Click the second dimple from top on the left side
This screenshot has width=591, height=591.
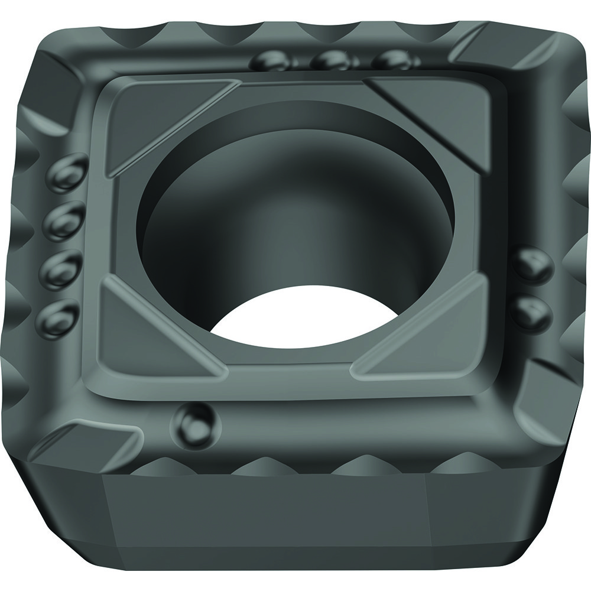[62, 220]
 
